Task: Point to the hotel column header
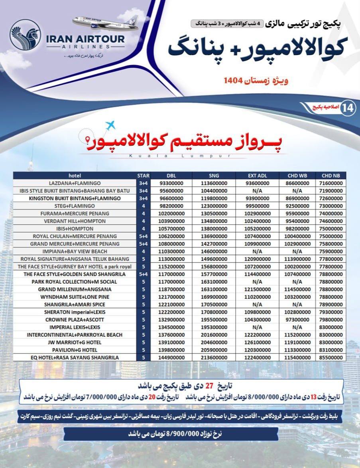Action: click(75, 176)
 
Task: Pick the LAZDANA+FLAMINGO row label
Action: click(75, 183)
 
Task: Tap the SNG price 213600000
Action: click(214, 357)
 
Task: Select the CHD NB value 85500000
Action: click(331, 357)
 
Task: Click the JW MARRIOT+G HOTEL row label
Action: click(75, 342)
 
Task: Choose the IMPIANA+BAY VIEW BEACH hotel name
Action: click(75, 251)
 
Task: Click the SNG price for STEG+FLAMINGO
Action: click(214, 206)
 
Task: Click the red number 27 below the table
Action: click(209, 387)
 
